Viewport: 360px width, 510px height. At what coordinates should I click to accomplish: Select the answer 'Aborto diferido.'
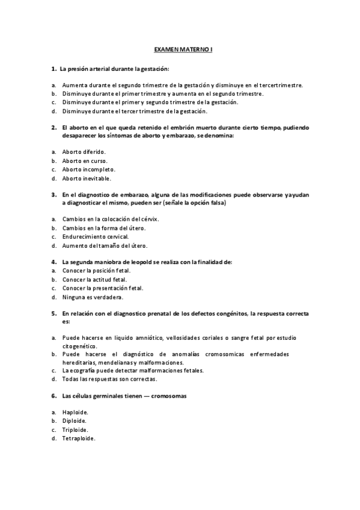tap(84, 152)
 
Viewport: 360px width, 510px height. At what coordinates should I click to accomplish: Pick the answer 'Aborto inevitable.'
tap(87, 179)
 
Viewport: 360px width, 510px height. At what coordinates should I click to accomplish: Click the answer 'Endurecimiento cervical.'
tap(96, 237)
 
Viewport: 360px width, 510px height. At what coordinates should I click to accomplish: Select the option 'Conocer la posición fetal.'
tap(96, 271)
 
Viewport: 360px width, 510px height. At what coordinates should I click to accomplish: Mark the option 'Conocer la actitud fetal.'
tap(94, 280)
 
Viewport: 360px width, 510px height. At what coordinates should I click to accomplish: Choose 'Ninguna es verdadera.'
tap(93, 297)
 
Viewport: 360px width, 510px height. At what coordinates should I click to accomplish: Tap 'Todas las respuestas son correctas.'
tap(109, 379)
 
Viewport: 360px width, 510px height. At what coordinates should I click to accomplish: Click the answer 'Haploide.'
tap(75, 412)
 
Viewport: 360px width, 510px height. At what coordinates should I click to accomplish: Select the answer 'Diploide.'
tap(75, 421)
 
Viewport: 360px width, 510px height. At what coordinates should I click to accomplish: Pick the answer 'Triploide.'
tap(75, 430)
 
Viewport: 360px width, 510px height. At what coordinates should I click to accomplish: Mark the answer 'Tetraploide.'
tap(79, 438)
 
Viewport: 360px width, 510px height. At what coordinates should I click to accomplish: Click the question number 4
tap(53, 262)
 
